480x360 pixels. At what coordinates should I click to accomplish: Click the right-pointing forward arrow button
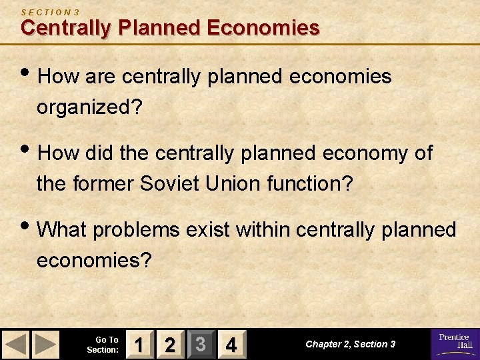(x=45, y=345)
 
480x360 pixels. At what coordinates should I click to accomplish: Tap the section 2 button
(x=170, y=345)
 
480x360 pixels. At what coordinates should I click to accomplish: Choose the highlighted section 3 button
(x=200, y=345)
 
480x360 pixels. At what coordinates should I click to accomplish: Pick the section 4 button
(x=231, y=345)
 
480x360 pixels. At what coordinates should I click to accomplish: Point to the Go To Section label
(x=103, y=345)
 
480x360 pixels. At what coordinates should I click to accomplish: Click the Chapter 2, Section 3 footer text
(x=350, y=344)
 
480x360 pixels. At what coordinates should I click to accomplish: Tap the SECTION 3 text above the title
(x=50, y=12)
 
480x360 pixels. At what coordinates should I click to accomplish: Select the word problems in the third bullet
(x=136, y=230)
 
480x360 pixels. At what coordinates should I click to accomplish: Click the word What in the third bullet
(x=63, y=230)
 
